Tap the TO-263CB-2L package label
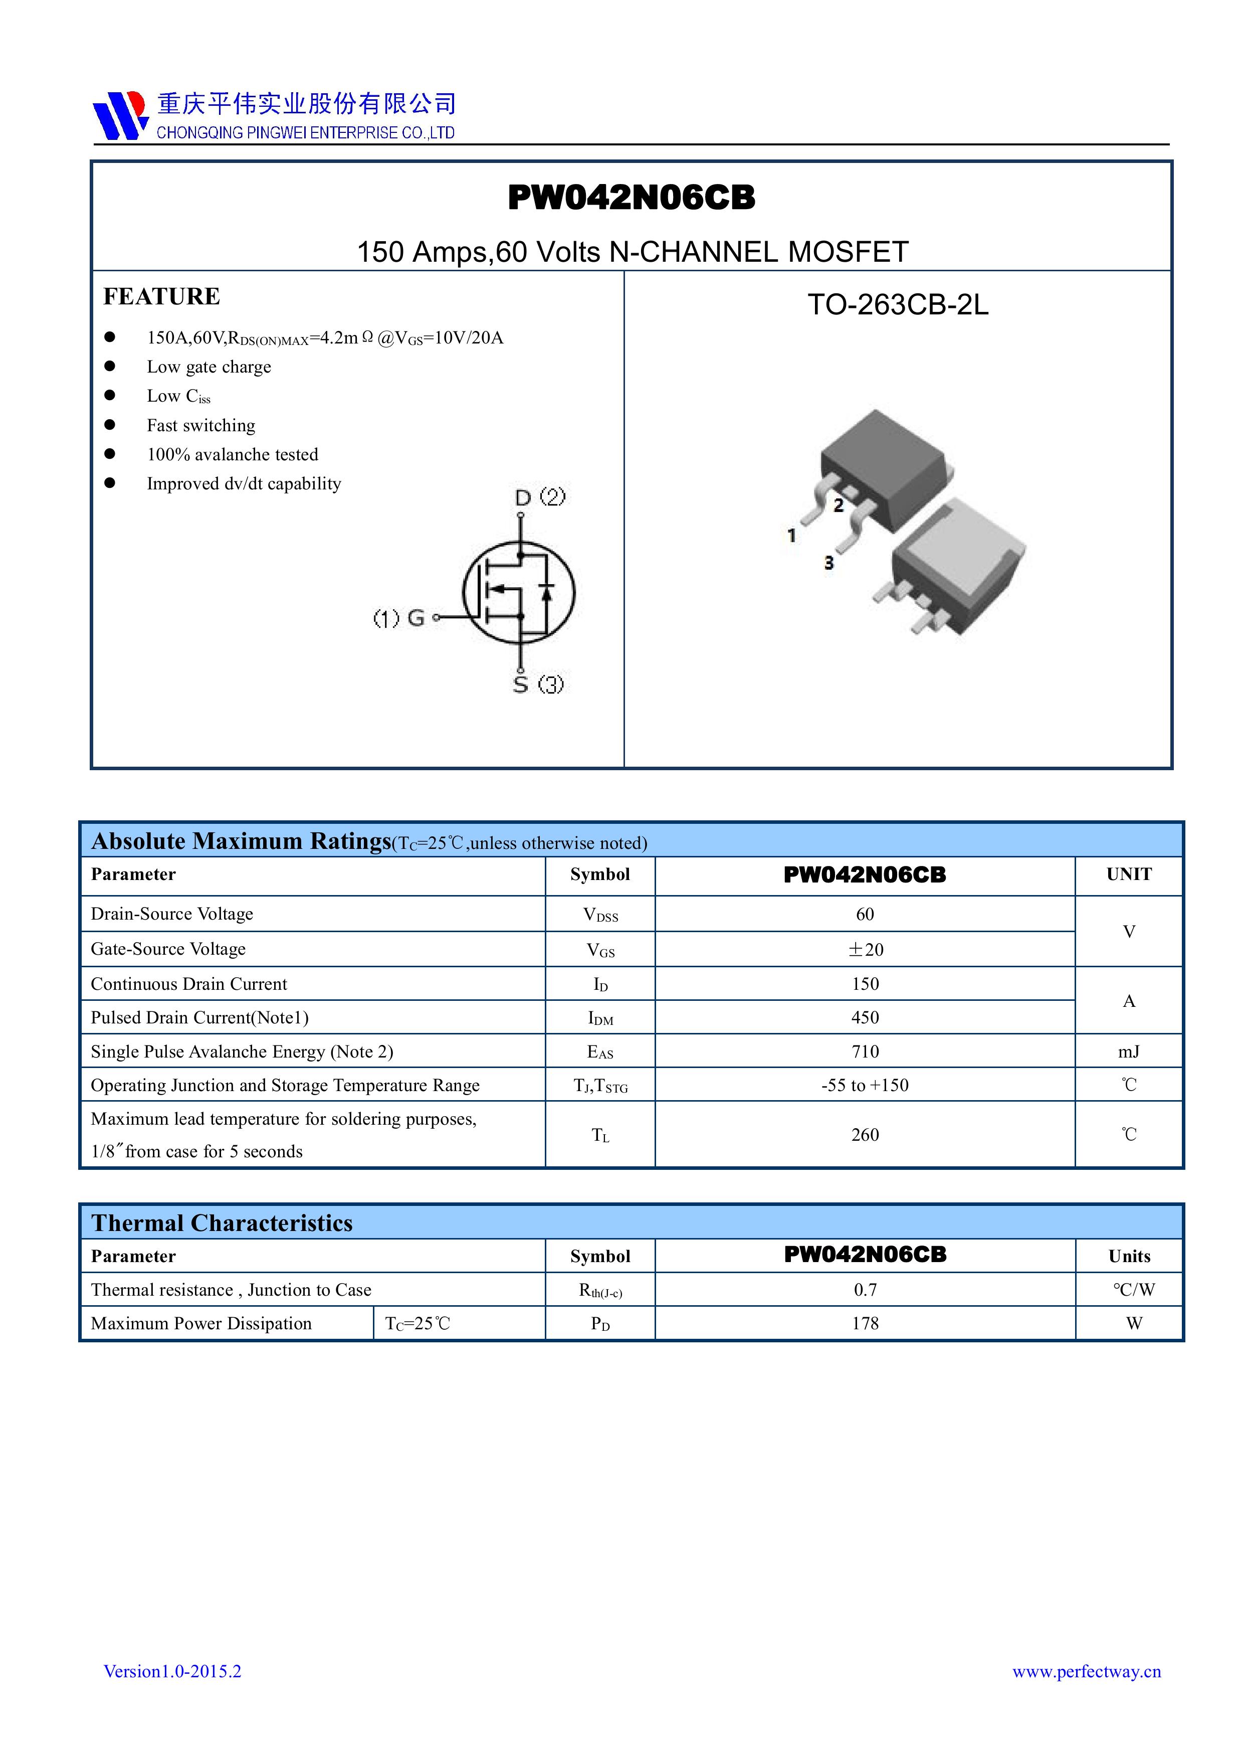898,305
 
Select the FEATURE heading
161,296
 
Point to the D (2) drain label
540,497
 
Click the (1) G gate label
399,617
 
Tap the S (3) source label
538,683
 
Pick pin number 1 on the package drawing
791,536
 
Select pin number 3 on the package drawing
828,563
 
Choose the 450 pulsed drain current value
865,1017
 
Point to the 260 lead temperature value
865,1135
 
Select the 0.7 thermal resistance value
865,1290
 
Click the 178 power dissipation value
865,1324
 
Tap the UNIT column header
1128,874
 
